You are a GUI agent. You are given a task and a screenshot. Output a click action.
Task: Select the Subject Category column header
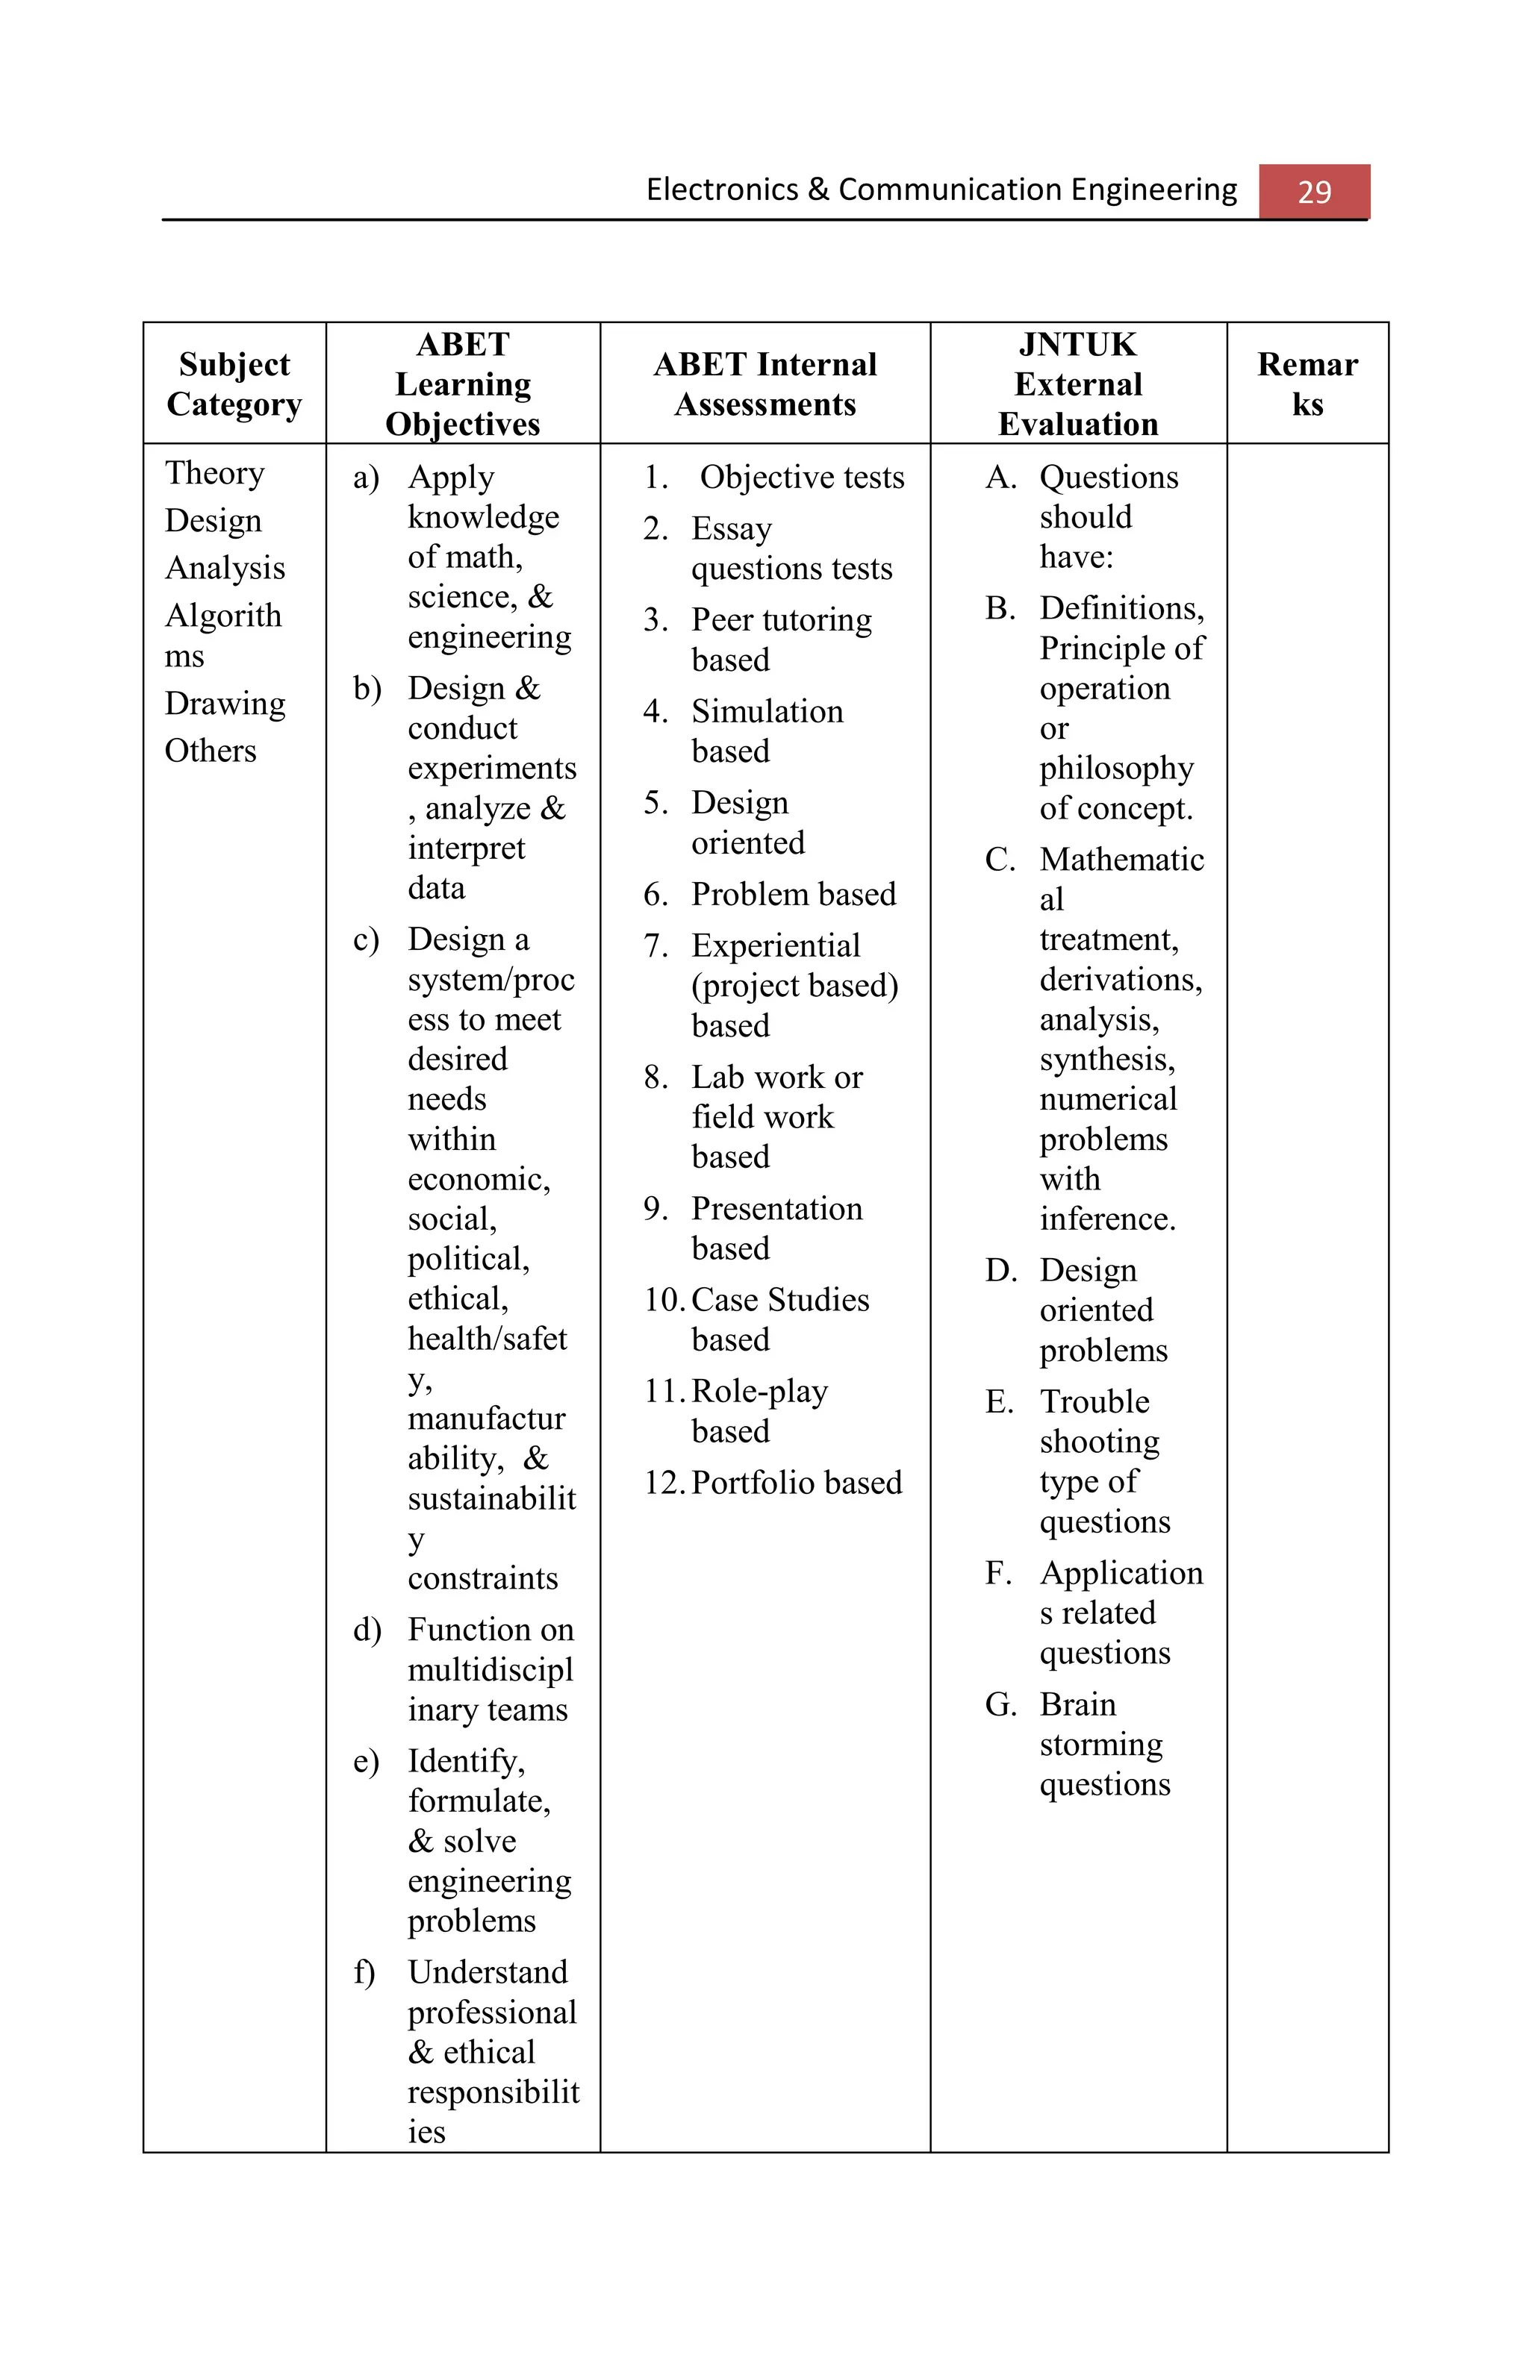234,384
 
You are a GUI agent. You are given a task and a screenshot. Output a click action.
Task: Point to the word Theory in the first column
214,473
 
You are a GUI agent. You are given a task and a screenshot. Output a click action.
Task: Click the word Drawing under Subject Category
224,704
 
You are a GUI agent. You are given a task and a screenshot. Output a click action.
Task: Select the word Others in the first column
211,751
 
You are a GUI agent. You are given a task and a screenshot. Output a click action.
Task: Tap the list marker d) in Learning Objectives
366,1630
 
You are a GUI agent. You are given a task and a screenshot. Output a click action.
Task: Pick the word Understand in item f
488,1972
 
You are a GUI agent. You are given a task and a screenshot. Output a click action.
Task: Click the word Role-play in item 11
759,1391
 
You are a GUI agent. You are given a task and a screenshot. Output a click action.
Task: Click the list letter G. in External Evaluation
1000,1704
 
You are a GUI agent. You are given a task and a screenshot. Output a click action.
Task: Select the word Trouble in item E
1094,1401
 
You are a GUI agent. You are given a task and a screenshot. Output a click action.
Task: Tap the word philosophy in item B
1116,769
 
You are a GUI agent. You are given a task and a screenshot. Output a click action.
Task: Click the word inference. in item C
1107,1219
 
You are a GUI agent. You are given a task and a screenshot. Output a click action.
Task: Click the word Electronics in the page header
721,190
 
